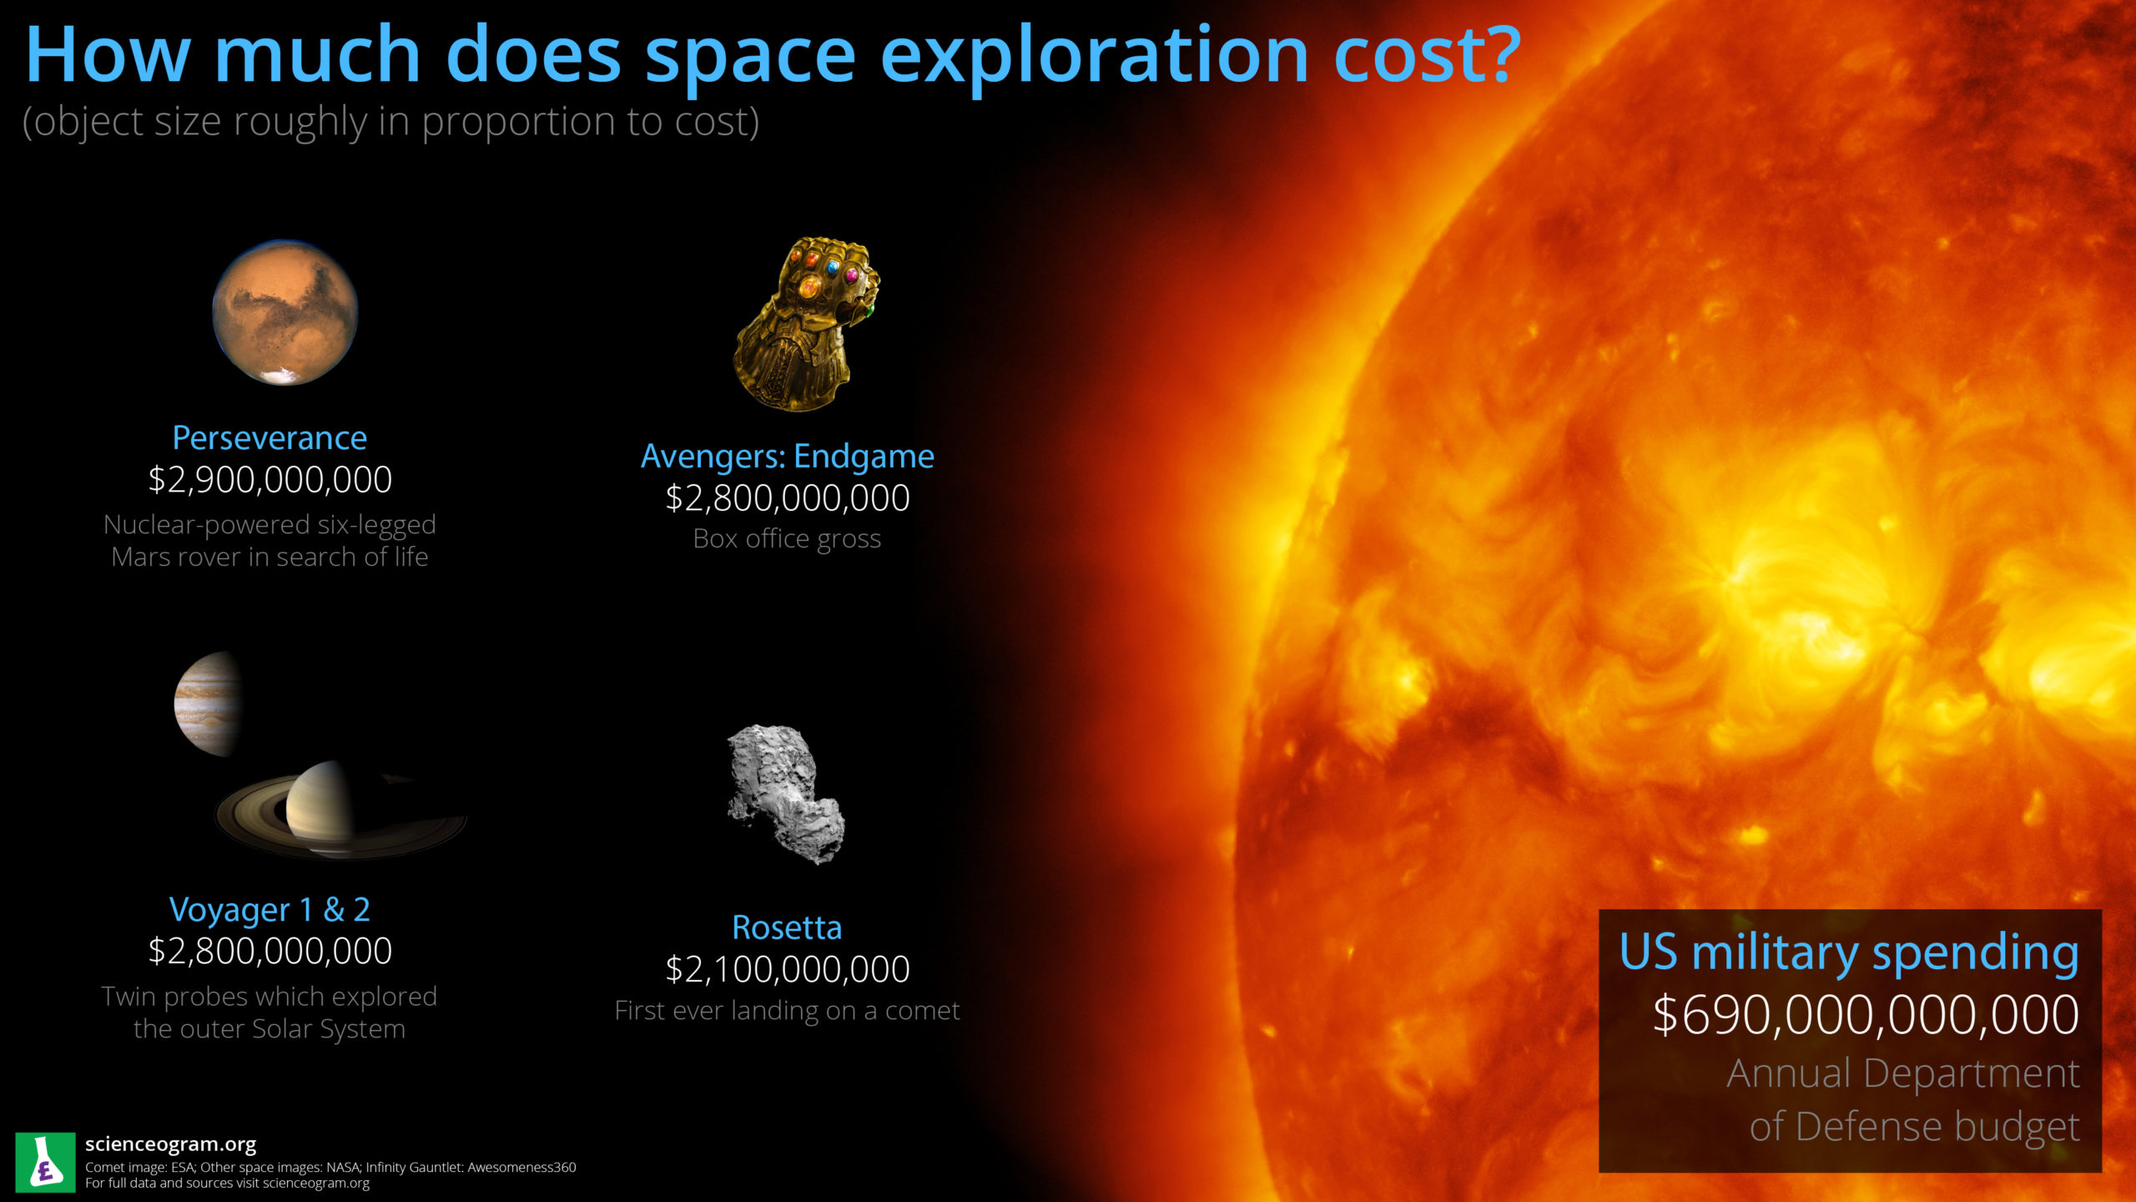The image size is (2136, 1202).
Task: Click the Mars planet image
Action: tap(285, 312)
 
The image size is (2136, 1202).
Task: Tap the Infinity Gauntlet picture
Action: tap(806, 324)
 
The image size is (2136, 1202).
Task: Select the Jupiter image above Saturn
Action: tap(209, 704)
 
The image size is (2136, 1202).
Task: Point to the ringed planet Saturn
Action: tap(340, 810)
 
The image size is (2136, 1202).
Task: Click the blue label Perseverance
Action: tap(270, 438)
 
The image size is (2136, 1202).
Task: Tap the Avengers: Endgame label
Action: tap(787, 457)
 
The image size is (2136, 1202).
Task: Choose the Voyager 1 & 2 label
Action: tap(270, 910)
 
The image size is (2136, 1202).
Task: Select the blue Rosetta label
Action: tap(787, 927)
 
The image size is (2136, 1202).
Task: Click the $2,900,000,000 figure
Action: tap(270, 480)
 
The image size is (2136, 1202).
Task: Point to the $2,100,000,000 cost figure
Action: tap(787, 969)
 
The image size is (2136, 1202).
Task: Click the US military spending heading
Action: tap(1849, 952)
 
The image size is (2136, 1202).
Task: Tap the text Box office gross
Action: tap(787, 539)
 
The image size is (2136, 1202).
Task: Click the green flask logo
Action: tap(45, 1162)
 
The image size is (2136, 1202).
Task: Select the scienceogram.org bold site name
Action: tap(170, 1144)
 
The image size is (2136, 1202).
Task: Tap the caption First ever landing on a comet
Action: tap(787, 1011)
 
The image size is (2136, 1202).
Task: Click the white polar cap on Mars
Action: tap(281, 376)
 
